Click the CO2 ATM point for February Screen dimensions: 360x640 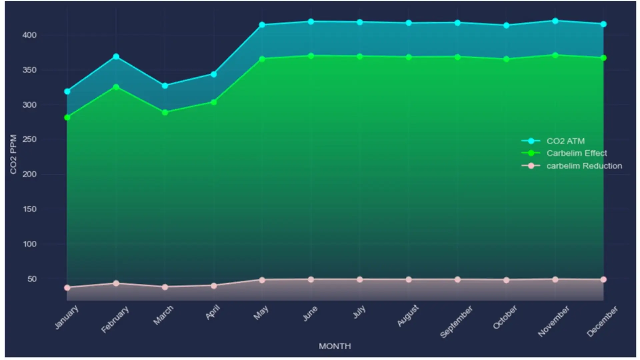(116, 57)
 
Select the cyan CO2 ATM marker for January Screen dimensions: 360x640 (67, 91)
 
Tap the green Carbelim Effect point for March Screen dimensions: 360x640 (165, 112)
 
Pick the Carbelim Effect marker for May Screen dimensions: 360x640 (262, 59)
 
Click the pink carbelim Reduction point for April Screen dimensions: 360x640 (214, 286)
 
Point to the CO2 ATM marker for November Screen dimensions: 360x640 (555, 21)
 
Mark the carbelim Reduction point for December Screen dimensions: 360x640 (603, 279)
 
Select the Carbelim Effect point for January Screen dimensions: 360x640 (67, 117)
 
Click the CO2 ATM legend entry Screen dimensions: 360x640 (565, 141)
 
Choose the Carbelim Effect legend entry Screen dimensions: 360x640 (576, 153)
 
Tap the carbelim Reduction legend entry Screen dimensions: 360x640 (584, 166)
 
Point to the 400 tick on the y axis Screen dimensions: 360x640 (29, 35)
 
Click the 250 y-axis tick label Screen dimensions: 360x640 (29, 139)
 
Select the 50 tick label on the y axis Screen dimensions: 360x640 (32, 279)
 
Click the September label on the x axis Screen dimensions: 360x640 (456, 322)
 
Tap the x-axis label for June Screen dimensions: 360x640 (310, 314)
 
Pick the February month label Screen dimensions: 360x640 (115, 320)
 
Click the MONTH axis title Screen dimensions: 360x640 (335, 346)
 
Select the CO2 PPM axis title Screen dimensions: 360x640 (13, 154)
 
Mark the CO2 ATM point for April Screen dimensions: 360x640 (214, 74)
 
